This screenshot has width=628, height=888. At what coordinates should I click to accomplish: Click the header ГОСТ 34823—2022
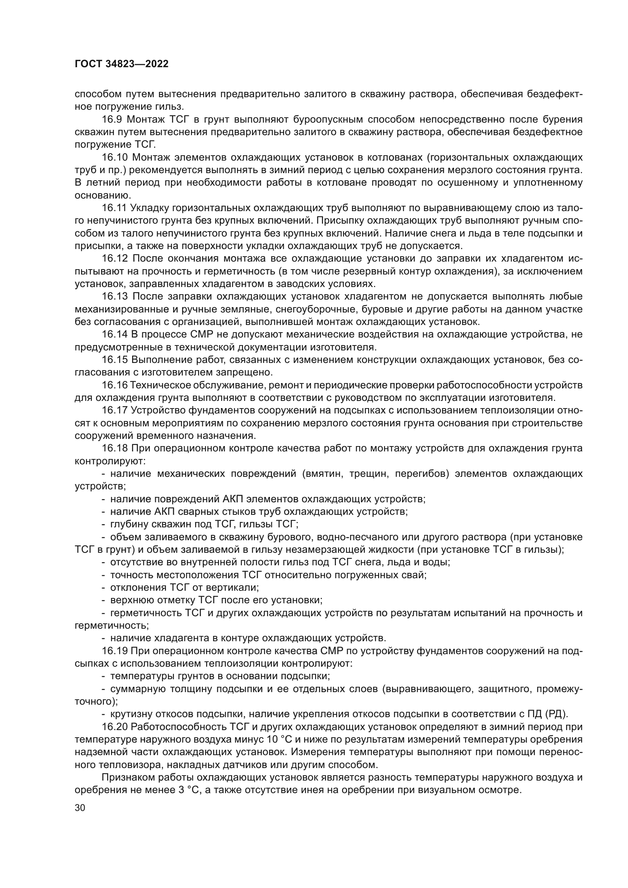121,64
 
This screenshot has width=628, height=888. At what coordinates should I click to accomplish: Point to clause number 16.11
114,208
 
